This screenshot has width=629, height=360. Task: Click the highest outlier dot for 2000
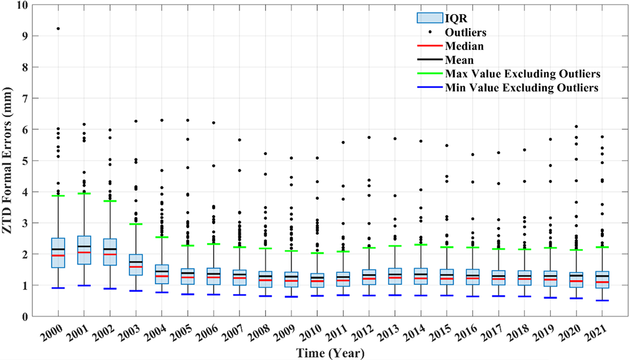tap(58, 29)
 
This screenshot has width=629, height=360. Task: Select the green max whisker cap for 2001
tap(84, 193)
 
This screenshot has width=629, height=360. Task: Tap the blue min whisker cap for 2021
tap(602, 300)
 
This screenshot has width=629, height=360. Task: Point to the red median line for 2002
tap(110, 254)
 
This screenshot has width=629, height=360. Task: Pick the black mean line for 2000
tap(58, 249)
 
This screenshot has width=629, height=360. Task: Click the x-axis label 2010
tap(311, 333)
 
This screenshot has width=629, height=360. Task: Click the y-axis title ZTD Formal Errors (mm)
tap(7, 160)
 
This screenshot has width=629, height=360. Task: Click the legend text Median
tap(464, 46)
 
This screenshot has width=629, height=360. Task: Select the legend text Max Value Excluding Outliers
tap(522, 74)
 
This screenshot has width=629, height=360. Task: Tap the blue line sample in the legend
tap(429, 87)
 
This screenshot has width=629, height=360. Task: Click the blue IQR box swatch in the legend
tap(429, 18)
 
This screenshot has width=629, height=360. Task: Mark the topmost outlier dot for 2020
tap(576, 127)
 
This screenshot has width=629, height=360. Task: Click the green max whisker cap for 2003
tap(136, 224)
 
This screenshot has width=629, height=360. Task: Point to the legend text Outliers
tap(465, 32)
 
